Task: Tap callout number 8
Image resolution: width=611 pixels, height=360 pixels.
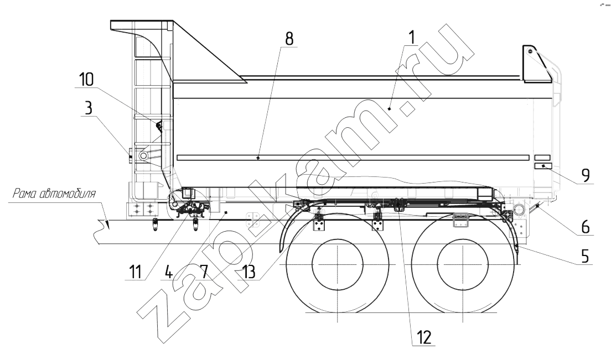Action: (289, 39)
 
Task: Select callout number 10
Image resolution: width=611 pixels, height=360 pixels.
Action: (86, 80)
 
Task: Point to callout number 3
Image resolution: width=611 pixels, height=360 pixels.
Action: (89, 108)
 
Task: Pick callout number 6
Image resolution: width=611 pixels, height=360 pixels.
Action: (586, 227)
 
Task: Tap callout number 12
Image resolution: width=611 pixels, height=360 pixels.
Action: (424, 337)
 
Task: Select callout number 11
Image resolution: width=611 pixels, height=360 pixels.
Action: (135, 272)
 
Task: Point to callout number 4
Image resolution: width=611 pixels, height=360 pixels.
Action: (168, 272)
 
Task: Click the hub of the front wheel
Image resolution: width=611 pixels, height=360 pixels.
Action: (338, 263)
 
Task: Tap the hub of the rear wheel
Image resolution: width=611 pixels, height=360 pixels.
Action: (463, 263)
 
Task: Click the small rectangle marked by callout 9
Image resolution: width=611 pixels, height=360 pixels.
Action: (542, 166)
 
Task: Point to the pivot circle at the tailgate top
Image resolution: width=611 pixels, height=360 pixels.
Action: (530, 51)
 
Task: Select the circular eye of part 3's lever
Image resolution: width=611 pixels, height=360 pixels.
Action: (143, 156)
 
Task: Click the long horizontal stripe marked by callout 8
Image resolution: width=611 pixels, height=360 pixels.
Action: (353, 158)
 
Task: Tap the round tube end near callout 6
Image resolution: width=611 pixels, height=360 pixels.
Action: (519, 210)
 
